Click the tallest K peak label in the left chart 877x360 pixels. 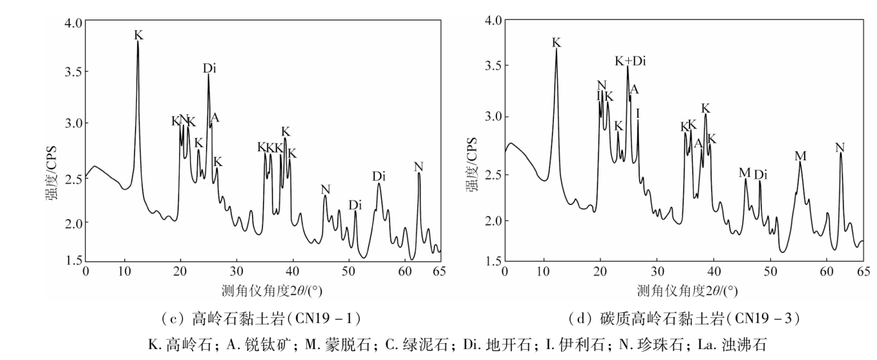click(x=139, y=35)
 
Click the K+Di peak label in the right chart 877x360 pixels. click(x=630, y=61)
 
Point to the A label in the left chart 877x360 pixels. click(x=215, y=118)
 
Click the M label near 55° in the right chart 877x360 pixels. click(x=801, y=156)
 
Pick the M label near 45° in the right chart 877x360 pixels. click(x=745, y=173)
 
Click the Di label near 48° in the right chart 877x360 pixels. click(x=761, y=175)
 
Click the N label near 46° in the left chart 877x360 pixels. click(x=325, y=189)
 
